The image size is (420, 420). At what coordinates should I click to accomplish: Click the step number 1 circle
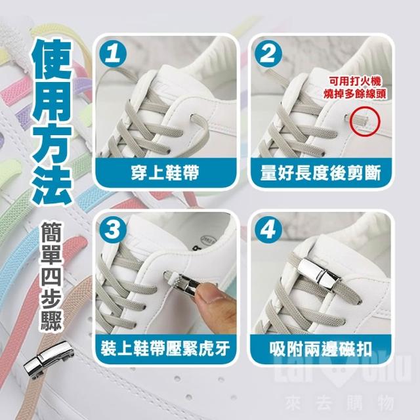point(113,54)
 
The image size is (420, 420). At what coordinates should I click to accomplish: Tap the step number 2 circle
point(268,54)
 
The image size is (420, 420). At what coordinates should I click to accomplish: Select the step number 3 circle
point(113,230)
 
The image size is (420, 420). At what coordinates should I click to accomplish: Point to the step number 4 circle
point(268,230)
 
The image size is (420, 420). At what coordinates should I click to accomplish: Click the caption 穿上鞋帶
point(165,172)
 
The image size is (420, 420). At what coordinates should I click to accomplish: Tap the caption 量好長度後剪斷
point(320,172)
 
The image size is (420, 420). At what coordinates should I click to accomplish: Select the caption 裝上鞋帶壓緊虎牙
point(165,348)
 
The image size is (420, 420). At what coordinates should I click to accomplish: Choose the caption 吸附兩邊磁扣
point(321,348)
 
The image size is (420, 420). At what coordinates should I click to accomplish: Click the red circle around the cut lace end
point(366,121)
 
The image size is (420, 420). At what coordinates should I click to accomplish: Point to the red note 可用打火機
point(354,81)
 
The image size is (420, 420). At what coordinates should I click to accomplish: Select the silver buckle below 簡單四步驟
point(48,360)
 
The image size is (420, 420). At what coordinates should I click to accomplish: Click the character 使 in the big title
point(52,59)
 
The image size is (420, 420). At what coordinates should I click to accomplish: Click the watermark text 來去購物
point(339,402)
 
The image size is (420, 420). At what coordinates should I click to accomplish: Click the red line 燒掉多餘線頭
point(354,94)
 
